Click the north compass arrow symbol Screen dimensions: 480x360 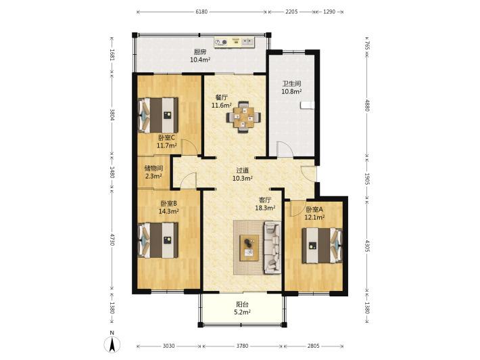pos(112,344)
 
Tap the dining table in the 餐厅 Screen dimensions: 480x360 pos(243,117)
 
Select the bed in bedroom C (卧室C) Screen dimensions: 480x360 pos(158,115)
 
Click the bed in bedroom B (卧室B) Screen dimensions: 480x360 pos(158,240)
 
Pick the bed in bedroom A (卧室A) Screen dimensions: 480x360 pos(322,246)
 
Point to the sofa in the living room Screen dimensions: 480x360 pos(272,247)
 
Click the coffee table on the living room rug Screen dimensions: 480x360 pos(249,248)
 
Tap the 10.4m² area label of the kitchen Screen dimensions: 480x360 pos(200,60)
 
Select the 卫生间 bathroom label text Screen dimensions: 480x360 pos(291,83)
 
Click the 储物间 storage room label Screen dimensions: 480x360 pos(153,168)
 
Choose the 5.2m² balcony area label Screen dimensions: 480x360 pos(243,312)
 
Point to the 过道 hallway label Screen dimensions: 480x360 pos(243,170)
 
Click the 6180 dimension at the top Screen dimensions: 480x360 pos(201,12)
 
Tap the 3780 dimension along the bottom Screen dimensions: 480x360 pos(242,346)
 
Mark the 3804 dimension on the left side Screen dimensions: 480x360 pos(112,115)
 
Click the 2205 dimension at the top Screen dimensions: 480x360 pos(291,12)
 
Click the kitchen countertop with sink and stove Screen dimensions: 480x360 pos(234,42)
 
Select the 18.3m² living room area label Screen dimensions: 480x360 pos(265,208)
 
